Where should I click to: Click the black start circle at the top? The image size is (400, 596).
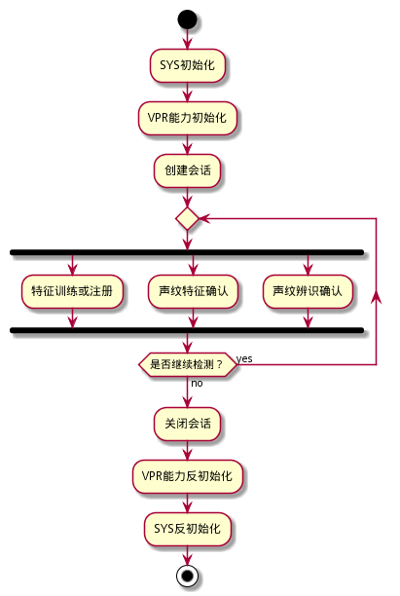tap(187, 19)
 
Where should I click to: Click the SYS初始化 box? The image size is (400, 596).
tap(187, 65)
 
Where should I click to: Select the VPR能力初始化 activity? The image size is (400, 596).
tap(187, 118)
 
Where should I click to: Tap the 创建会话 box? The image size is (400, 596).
tap(187, 170)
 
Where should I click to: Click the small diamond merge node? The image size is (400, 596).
tap(187, 218)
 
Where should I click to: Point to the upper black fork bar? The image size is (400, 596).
tap(187, 252)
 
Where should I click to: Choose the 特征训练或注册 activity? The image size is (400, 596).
tap(72, 291)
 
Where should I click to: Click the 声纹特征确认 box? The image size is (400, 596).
tap(193, 291)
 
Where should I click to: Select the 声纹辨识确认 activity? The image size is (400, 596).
tap(308, 291)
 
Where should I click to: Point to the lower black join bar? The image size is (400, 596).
tap(187, 330)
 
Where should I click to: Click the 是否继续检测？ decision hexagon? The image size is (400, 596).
tap(187, 364)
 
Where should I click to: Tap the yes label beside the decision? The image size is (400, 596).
tap(244, 358)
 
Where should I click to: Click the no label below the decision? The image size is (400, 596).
tap(197, 383)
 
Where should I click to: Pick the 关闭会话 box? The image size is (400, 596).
tap(187, 424)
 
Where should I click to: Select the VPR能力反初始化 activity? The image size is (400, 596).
tap(187, 476)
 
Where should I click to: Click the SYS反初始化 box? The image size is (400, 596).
tap(187, 529)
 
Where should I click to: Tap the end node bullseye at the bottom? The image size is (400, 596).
tap(187, 576)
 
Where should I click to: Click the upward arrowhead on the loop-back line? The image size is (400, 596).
tap(376, 297)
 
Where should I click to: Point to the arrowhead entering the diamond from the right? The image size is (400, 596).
tap(204, 218)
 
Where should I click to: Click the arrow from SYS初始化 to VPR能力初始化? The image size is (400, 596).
tap(187, 92)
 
